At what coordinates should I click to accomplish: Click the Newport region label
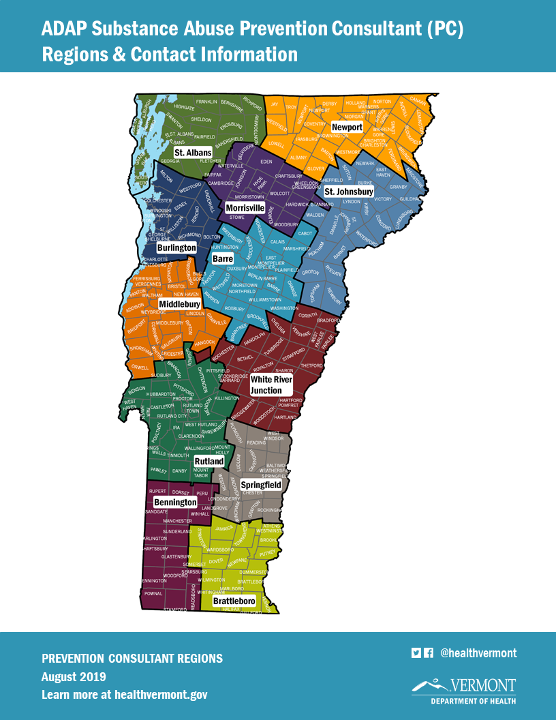coord(347,127)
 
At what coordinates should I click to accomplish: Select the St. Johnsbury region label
coord(348,192)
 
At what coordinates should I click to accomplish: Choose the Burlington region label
coord(176,247)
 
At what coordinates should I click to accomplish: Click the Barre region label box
coord(223,259)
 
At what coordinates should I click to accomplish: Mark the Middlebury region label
coord(179,303)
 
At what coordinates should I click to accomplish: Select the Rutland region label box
coord(208,462)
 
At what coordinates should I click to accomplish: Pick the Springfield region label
coord(261,485)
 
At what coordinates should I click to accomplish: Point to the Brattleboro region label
coord(234,601)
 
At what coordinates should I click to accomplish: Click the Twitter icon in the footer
coord(416,652)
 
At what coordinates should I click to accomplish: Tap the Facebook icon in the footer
coord(429,652)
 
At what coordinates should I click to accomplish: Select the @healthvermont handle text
coord(478,653)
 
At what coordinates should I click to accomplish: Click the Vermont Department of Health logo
coord(464,690)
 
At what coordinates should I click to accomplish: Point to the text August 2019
coord(74,677)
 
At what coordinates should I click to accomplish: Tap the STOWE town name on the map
coord(237,217)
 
